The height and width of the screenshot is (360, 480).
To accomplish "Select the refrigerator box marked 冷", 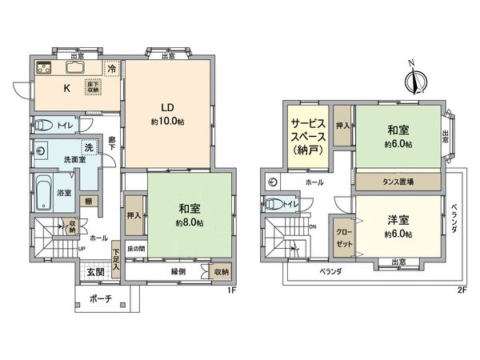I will pos(113,69).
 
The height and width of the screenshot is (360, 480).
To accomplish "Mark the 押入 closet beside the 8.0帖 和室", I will pos(134,215).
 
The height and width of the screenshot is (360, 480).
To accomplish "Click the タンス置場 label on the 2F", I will pos(398,182).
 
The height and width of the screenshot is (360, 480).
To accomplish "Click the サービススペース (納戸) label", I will pos(308,136).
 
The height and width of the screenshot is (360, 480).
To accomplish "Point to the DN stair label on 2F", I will pos(313,226).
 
